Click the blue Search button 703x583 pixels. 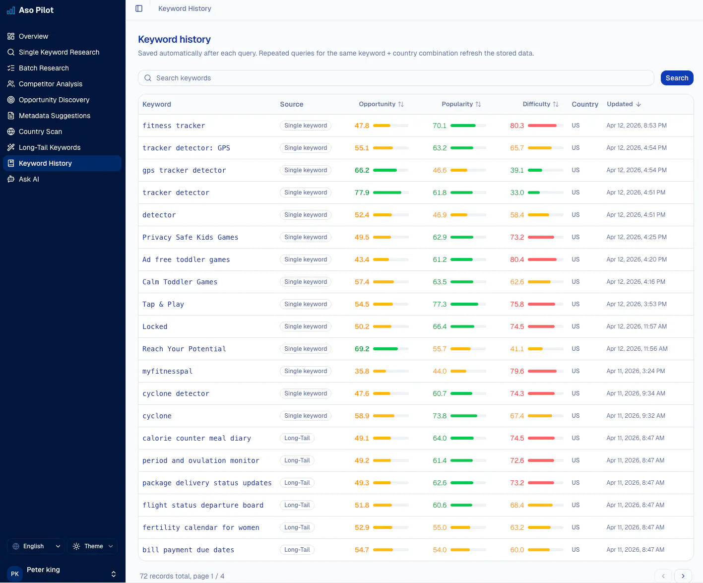677,78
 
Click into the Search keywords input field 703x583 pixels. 395,78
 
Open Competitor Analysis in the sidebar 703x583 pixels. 51,84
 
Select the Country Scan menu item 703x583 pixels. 40,131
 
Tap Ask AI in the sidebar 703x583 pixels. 29,179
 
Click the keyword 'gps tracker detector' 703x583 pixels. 184,170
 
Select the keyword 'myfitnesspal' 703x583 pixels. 167,371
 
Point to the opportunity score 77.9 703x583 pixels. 362,193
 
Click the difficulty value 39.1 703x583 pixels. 517,170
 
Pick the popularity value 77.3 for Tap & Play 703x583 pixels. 440,304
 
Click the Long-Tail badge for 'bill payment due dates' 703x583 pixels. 297,550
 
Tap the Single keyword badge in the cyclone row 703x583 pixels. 306,416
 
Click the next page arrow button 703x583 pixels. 683,576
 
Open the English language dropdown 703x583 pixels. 36,546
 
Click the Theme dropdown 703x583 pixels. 93,546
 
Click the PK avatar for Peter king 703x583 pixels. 15,574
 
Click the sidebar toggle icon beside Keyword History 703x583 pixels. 139,8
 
